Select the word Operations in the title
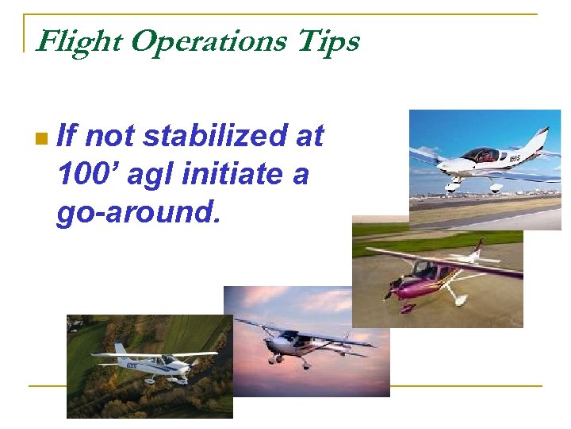click(208, 41)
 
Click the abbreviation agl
click(151, 176)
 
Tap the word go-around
click(135, 212)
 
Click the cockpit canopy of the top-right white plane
click(480, 155)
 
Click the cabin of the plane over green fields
click(168, 361)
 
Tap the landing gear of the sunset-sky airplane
click(305, 363)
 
